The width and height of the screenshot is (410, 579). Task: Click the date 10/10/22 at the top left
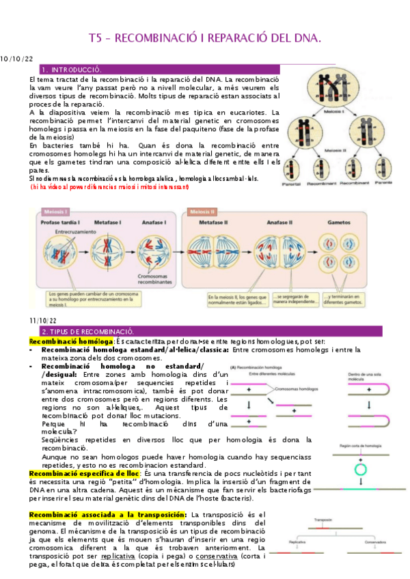tap(16, 60)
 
